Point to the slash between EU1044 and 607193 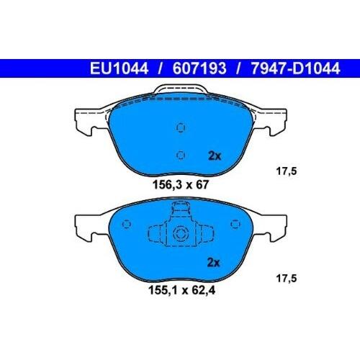(x=157, y=70)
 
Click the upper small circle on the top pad (x=181, y=127)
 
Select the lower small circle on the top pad (x=181, y=154)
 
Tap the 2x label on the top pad (x=215, y=155)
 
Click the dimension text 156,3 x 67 (x=180, y=184)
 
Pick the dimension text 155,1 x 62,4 (x=180, y=292)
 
